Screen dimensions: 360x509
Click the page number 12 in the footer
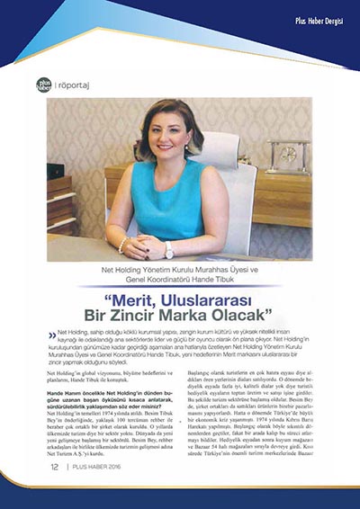pos(55,492)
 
